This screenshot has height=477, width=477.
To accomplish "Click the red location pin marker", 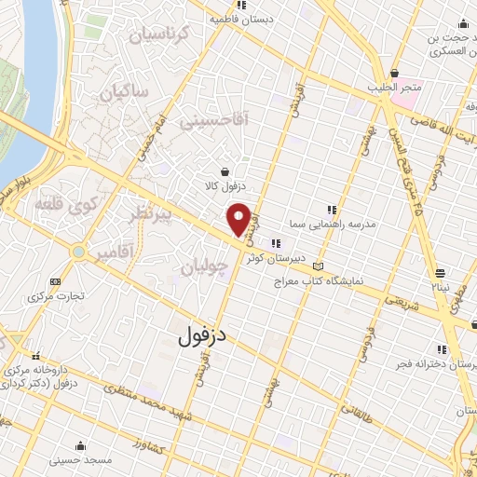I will tap(238, 221).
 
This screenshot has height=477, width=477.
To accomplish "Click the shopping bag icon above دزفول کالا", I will tap(225, 171).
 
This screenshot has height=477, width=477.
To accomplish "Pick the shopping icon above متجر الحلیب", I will tap(396, 73).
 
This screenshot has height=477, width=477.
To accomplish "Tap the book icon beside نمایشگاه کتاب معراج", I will tap(320, 266).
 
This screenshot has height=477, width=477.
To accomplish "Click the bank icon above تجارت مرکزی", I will tap(56, 281).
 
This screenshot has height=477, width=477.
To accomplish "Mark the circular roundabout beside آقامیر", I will tap(78, 252).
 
